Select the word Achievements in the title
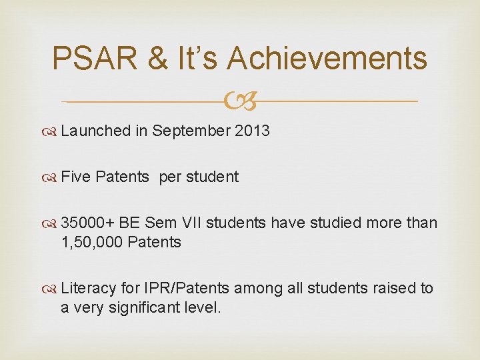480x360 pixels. click(x=327, y=58)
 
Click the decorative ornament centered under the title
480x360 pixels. click(x=240, y=101)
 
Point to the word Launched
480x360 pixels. click(x=95, y=131)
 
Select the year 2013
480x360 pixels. click(x=253, y=131)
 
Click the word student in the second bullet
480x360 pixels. click(x=212, y=177)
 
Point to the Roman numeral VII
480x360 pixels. click(x=187, y=223)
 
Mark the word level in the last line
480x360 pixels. click(x=204, y=307)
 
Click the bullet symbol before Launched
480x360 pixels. click(x=51, y=131)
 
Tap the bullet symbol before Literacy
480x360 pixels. click(x=51, y=289)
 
